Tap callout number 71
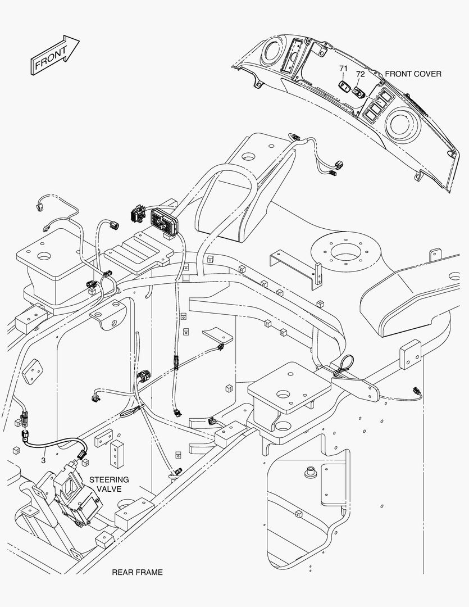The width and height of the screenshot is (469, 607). [x=343, y=69]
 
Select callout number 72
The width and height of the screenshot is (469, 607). [x=360, y=74]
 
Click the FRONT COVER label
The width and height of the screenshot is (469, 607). [x=413, y=74]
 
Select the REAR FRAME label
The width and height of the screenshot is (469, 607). [x=137, y=572]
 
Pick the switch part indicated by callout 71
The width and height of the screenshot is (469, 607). [x=344, y=86]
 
